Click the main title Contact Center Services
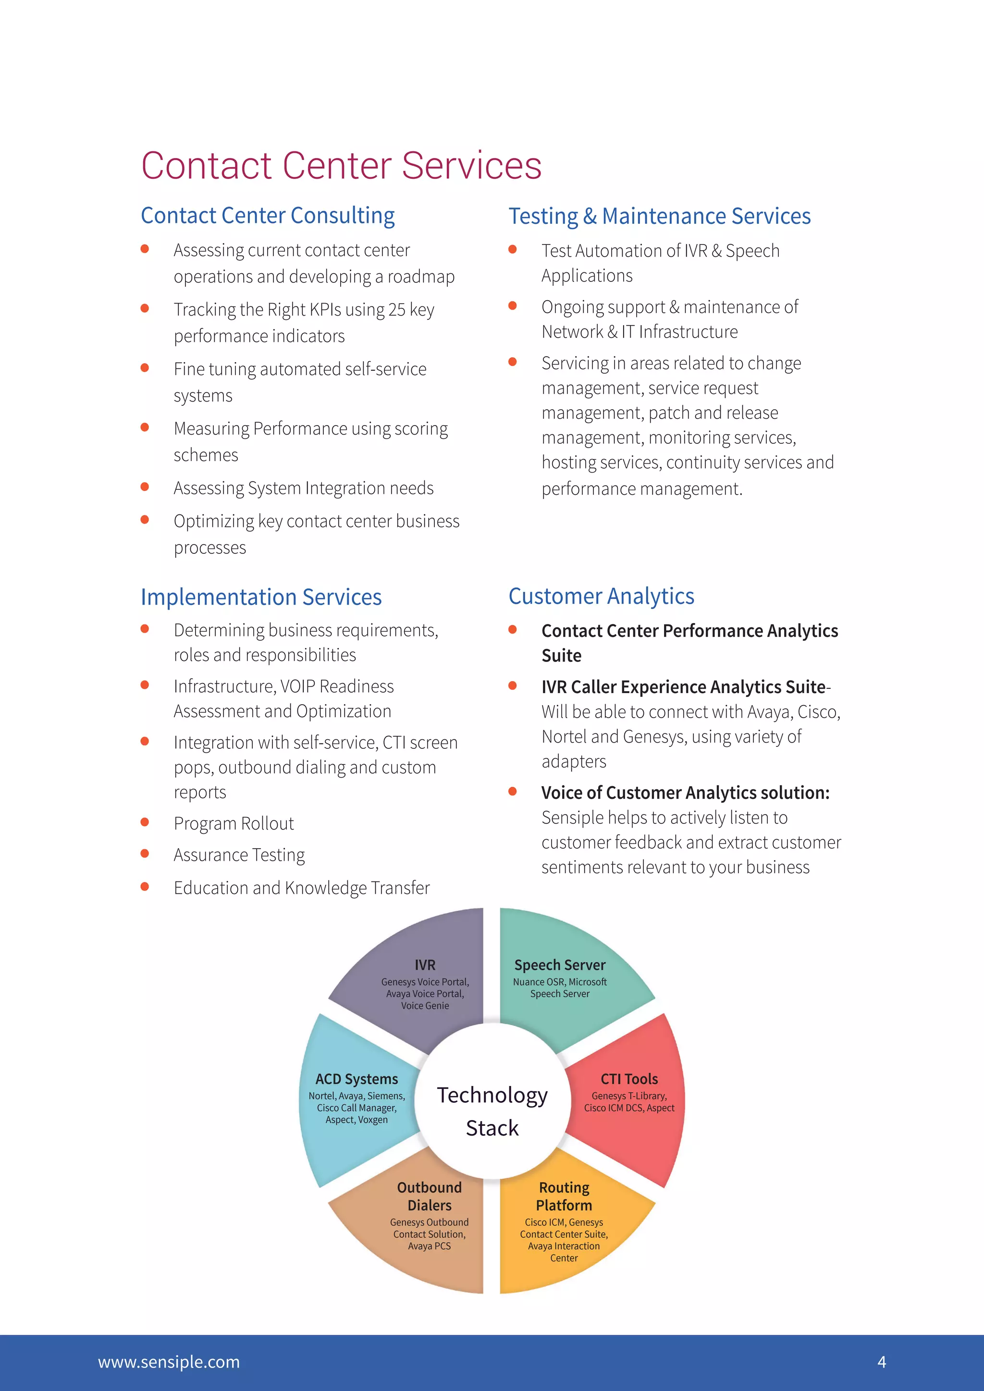click(341, 165)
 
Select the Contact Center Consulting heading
click(268, 216)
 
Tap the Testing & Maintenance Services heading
click(659, 216)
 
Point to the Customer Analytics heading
click(601, 596)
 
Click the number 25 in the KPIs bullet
click(397, 310)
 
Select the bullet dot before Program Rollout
click(145, 822)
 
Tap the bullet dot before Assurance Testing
click(145, 854)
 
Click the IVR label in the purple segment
click(425, 965)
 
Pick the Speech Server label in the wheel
click(560, 965)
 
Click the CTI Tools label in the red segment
click(629, 1079)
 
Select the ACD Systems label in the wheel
click(357, 1079)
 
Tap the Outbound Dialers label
click(429, 1196)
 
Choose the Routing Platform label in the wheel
click(564, 1196)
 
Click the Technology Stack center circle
click(492, 1101)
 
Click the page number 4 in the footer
click(882, 1362)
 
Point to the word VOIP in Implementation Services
click(297, 686)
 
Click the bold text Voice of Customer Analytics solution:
click(685, 793)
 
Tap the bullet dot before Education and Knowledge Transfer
click(145, 886)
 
